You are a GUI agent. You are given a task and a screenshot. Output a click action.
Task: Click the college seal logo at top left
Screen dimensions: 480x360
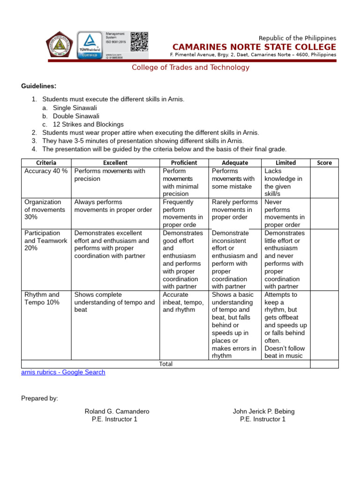pos(60,45)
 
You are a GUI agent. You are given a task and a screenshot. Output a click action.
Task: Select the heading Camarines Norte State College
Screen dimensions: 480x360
pos(254,47)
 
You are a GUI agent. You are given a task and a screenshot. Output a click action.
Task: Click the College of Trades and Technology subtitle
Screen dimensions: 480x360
pos(190,67)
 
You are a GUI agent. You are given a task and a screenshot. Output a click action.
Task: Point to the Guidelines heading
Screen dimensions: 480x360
pos(38,86)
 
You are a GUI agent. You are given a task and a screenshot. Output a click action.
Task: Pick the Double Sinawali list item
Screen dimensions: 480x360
pos(76,116)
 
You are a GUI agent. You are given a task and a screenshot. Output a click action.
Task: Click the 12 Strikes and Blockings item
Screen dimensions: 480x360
pos(88,125)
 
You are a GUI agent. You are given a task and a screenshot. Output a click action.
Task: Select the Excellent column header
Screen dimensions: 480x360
pos(115,163)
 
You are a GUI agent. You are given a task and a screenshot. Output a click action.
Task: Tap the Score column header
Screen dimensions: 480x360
pos(324,163)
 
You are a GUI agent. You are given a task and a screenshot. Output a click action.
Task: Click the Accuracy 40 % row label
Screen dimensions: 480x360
pos(46,171)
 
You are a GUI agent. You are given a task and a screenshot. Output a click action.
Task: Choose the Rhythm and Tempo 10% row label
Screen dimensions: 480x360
pos(42,299)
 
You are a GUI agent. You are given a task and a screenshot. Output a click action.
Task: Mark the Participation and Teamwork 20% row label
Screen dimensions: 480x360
pos(42,240)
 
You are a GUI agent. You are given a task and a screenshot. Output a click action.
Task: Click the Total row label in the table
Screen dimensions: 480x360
pos(166,364)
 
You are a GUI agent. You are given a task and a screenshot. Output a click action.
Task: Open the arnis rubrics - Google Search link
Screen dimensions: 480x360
pos(63,372)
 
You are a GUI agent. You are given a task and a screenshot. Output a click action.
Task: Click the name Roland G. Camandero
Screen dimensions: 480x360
pos(117,412)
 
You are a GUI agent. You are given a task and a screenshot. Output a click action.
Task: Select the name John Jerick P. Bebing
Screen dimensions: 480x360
pos(263,412)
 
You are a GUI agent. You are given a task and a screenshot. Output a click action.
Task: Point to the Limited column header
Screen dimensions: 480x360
pos(285,163)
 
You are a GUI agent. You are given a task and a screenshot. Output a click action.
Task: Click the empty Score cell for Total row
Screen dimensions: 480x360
pos(324,364)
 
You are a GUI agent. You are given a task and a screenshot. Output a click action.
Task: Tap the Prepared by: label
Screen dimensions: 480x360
pos(39,398)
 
